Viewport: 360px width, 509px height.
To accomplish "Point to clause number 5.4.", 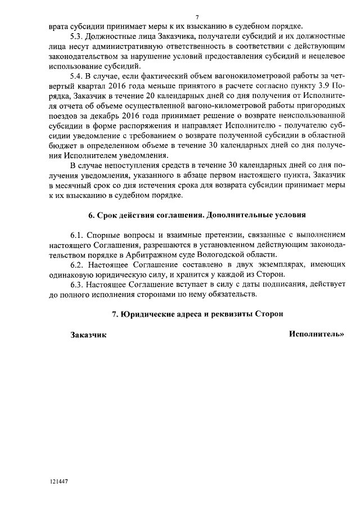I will click(x=77, y=76).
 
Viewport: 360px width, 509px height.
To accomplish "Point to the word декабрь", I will click(x=107, y=116).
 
